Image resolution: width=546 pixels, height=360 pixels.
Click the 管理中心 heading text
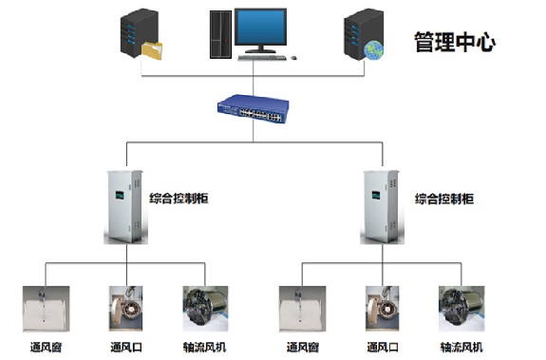pos(455,42)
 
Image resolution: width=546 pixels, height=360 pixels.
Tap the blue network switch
pos(254,108)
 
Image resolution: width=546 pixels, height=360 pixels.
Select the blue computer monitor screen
pos(260,27)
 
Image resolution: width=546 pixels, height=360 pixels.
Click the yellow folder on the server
pos(152,51)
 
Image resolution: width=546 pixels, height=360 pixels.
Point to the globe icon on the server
pos(373,50)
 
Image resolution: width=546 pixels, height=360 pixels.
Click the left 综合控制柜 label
pos(179,199)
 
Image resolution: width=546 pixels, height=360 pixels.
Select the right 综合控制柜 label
pos(444,199)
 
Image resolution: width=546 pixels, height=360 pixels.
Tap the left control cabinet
pos(125,206)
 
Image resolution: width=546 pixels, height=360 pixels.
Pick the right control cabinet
pos(382,206)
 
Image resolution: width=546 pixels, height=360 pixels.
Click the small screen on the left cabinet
pos(120,195)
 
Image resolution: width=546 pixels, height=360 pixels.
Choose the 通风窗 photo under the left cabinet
pos(46,309)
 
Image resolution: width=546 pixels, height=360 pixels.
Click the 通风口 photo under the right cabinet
pos(382,309)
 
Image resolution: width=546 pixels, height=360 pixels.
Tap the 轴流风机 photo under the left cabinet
pos(205,309)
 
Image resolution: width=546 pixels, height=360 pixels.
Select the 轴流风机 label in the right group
pos(461,347)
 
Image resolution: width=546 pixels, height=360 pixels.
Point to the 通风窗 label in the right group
pos(303,347)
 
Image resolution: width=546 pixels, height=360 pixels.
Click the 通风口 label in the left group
pos(126,347)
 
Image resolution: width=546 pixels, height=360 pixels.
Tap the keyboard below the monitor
pos(262,57)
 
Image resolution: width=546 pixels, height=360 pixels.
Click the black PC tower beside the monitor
pos(220,34)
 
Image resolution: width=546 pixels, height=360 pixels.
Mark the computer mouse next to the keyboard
pos(293,57)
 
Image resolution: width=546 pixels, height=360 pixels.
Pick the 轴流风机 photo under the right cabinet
pos(461,309)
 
